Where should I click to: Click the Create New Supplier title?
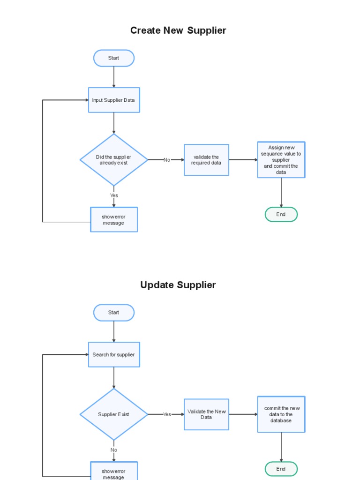[x=178, y=30]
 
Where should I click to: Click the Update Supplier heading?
[x=178, y=285]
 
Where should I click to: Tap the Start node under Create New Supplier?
[x=114, y=58]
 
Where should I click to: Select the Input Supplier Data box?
[x=114, y=100]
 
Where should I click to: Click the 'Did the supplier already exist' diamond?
[x=114, y=160]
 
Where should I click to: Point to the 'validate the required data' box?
[x=206, y=160]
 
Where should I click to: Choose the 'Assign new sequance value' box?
[x=281, y=160]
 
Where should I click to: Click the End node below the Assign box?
[x=281, y=214]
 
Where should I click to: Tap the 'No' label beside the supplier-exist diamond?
[x=167, y=160]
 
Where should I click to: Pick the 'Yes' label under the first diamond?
[x=114, y=195]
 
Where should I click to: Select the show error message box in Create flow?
[x=114, y=219]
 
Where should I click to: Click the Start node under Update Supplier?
[x=114, y=313]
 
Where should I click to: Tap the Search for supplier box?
[x=114, y=355]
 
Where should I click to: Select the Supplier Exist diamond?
[x=114, y=414]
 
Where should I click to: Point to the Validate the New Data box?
[x=206, y=414]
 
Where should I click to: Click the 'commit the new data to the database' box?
[x=281, y=414]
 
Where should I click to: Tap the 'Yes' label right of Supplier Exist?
[x=167, y=414]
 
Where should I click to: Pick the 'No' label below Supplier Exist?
[x=114, y=450]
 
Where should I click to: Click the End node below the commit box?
[x=281, y=469]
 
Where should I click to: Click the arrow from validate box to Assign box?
[x=243, y=160]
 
